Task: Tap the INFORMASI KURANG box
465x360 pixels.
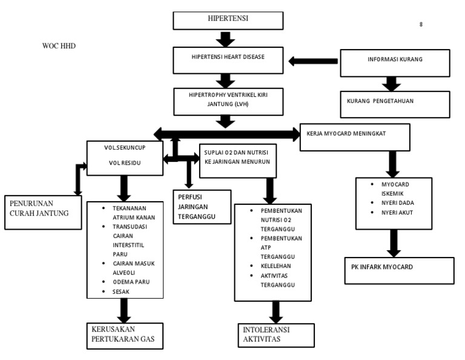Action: [395, 61]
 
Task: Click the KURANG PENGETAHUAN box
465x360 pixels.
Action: [395, 101]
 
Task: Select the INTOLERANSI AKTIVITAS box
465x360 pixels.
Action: [276, 335]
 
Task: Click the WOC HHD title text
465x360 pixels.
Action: [59, 46]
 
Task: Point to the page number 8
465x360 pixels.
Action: [421, 25]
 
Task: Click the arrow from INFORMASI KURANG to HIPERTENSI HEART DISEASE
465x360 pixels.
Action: [312, 61]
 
